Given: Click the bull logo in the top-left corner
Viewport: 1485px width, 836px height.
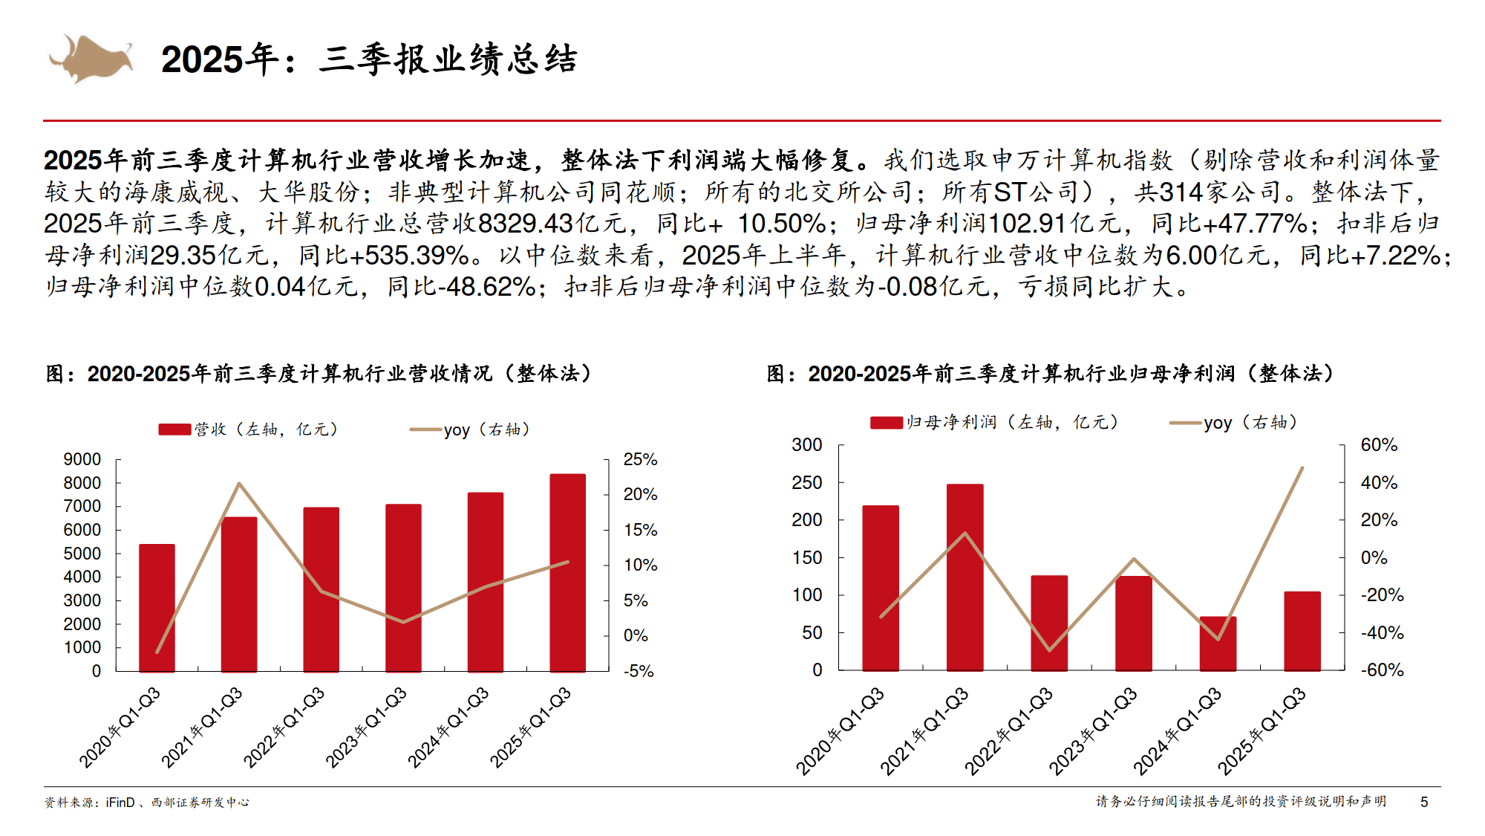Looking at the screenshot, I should tap(91, 58).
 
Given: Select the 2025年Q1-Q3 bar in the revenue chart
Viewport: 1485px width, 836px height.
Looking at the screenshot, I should tap(567, 572).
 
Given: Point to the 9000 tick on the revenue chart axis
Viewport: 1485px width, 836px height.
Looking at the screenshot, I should tap(82, 459).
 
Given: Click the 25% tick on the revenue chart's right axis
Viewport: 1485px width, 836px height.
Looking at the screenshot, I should tap(640, 459).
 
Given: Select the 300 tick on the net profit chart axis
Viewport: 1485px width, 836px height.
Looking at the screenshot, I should tap(807, 445).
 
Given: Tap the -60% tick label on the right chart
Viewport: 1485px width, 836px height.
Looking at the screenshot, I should tap(1382, 670).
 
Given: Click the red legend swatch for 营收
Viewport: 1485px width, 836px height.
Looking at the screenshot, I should tap(174, 430).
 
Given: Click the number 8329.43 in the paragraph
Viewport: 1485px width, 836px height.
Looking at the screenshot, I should tap(525, 224).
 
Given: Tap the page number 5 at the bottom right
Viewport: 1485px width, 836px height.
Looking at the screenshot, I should tap(1424, 802).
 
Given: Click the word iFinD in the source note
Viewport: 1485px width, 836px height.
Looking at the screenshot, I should tap(120, 803).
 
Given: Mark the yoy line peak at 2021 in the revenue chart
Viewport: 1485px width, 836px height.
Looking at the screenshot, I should tap(239, 484).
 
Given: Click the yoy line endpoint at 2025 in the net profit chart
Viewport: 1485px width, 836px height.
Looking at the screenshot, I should tap(1302, 468).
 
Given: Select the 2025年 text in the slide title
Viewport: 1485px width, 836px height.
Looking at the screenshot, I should tap(220, 59).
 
